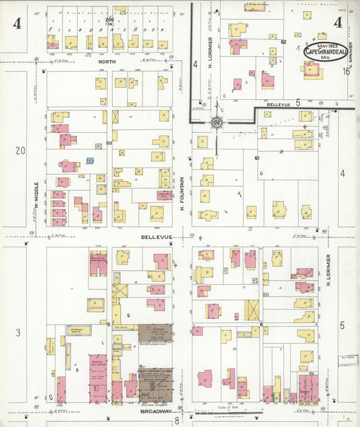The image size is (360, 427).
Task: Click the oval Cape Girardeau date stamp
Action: (325, 50)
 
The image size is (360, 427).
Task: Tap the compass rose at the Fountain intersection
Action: (217, 124)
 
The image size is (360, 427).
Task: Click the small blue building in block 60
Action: (89, 161)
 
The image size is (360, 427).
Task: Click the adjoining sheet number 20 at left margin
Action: (20, 150)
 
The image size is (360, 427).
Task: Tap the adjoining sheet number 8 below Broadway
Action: (177, 420)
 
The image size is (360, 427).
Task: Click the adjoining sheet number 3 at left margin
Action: (18, 332)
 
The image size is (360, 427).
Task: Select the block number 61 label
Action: (257, 157)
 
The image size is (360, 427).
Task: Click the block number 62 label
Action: (284, 42)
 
